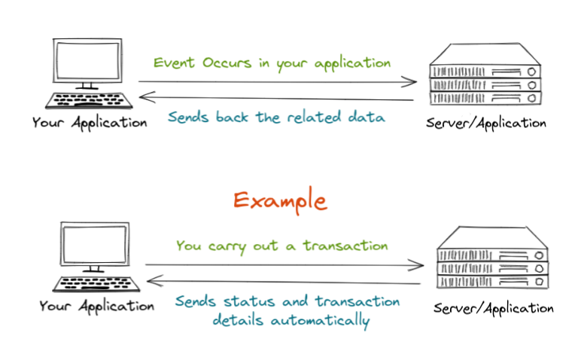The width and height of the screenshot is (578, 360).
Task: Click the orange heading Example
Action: coord(279,200)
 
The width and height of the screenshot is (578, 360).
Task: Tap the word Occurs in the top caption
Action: coord(227,62)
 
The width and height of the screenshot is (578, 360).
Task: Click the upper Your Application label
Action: coord(90,123)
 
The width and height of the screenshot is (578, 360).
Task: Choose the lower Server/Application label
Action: coord(494,308)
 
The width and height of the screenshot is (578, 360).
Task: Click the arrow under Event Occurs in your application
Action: coord(278,81)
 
